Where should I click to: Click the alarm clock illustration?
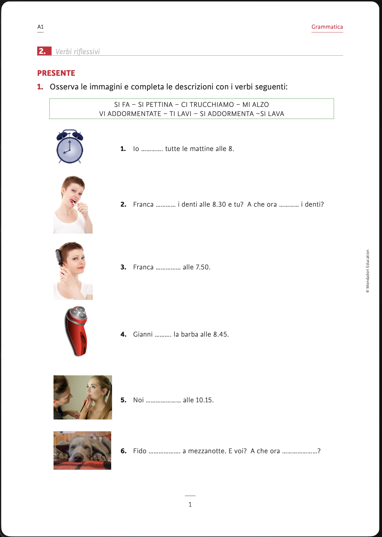point(70,147)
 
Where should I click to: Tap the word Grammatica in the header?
point(327,27)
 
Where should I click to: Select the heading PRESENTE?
point(56,73)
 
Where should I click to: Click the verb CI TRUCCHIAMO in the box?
point(207,105)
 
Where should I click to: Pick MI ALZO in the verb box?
point(255,105)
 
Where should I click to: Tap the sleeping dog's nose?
point(78,458)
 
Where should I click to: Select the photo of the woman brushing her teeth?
point(73,205)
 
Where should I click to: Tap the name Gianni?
point(143,335)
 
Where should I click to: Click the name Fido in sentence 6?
point(140,451)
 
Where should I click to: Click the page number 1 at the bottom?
point(190,504)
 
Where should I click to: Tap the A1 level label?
point(41,27)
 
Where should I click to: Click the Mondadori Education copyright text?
point(368,271)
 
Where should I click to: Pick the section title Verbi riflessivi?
point(77,52)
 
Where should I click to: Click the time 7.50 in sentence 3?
point(203,267)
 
